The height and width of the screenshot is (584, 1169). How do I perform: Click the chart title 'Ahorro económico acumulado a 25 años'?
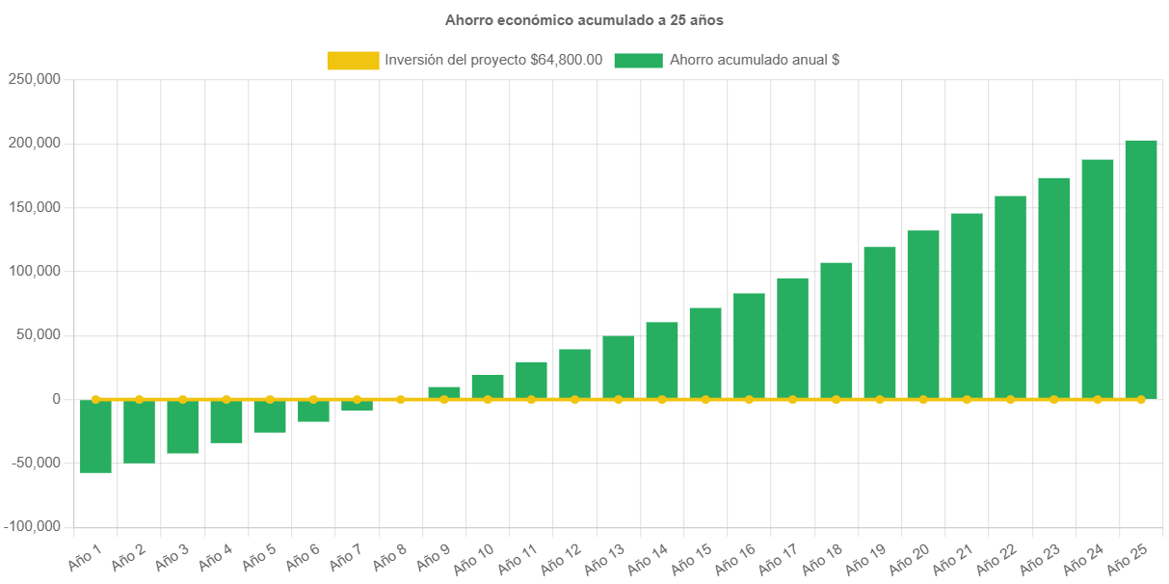click(x=584, y=19)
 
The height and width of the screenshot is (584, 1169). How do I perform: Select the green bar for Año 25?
click(x=1141, y=269)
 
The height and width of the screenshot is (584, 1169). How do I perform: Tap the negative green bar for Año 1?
click(x=95, y=436)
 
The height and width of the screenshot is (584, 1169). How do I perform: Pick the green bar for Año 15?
click(x=705, y=353)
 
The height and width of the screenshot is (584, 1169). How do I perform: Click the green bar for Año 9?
click(x=444, y=392)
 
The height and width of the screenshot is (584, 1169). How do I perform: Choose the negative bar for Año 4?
click(x=226, y=421)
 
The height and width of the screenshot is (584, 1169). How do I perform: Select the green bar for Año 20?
click(x=923, y=314)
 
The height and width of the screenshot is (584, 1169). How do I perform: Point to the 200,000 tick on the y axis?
click(x=35, y=143)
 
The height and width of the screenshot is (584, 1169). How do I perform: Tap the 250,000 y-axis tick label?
click(x=35, y=79)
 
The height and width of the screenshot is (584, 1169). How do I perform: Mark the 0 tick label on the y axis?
click(x=57, y=399)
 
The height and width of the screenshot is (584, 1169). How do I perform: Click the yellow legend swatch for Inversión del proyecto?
click(x=353, y=60)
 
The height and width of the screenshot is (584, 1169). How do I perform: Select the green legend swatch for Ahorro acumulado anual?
click(x=638, y=60)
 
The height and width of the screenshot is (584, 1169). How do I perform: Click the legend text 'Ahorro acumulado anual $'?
click(x=754, y=60)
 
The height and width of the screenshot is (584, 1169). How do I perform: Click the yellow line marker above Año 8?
click(x=401, y=399)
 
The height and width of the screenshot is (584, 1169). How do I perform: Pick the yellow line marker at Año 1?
click(x=95, y=399)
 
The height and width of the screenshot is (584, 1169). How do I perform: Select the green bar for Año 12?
click(x=574, y=374)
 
